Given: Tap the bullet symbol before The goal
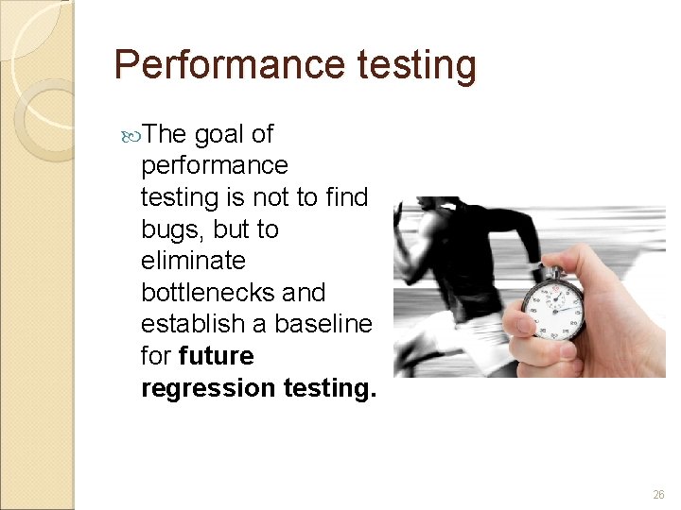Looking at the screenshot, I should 130,134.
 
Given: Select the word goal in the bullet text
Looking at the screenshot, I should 218,133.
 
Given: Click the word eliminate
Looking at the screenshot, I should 193,260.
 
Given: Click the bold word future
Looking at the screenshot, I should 216,356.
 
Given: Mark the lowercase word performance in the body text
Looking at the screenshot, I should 214,165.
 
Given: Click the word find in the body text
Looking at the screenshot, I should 348,196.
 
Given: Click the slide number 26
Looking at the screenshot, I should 658,495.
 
